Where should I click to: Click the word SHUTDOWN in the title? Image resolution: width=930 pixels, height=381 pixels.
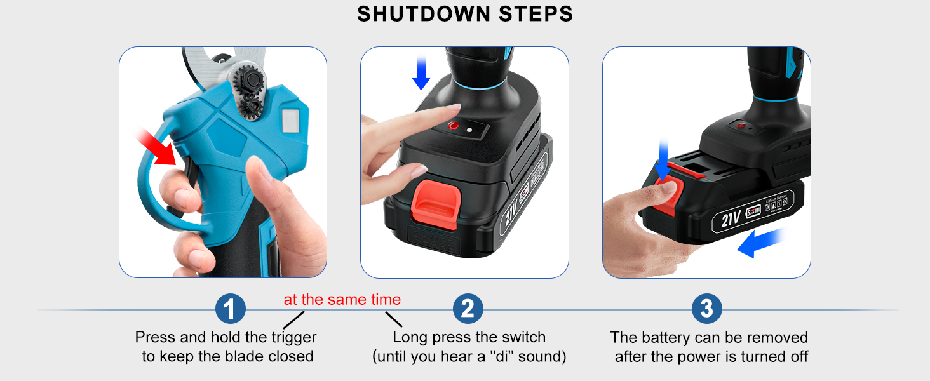pyautogui.click(x=419, y=14)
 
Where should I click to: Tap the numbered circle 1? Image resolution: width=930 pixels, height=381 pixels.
pyautogui.click(x=231, y=309)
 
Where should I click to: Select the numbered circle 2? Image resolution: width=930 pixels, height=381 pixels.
pyautogui.click(x=468, y=309)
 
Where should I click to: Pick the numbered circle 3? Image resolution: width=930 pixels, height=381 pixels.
pyautogui.click(x=706, y=309)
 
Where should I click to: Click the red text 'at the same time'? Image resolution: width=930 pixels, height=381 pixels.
pyautogui.click(x=342, y=300)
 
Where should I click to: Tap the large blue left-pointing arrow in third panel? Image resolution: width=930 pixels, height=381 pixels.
pyautogui.click(x=760, y=244)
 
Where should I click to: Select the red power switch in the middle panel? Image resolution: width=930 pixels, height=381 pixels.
pyautogui.click(x=453, y=126)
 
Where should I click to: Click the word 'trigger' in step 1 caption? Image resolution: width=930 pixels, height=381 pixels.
pyautogui.click(x=293, y=337)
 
